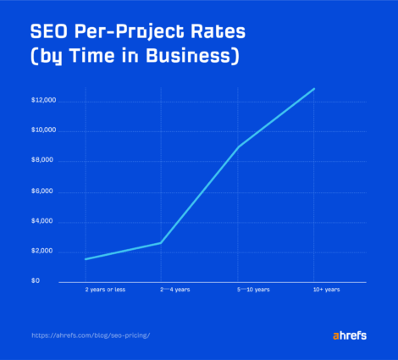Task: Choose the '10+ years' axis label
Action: (325, 291)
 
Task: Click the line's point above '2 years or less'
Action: (85, 259)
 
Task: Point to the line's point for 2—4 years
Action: (161, 243)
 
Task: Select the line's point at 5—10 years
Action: (238, 147)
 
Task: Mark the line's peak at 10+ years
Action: (314, 88)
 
